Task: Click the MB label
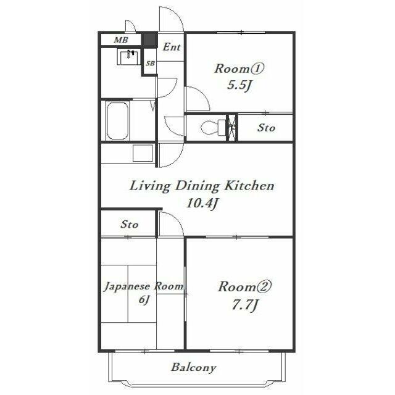(121, 39)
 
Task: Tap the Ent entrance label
(172, 47)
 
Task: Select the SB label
(150, 63)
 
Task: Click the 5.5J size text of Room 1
(239, 85)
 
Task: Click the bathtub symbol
(117, 121)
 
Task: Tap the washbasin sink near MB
(129, 57)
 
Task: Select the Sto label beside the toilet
(266, 128)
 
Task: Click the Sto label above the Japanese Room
(129, 224)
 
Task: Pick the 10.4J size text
(202, 203)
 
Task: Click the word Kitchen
(249, 186)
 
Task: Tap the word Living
(149, 186)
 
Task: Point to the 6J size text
(144, 300)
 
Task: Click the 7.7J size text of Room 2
(244, 306)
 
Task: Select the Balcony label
(193, 368)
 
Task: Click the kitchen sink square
(143, 153)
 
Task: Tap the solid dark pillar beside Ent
(149, 39)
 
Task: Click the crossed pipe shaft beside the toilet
(232, 128)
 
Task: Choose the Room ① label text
(239, 69)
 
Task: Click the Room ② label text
(244, 286)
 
